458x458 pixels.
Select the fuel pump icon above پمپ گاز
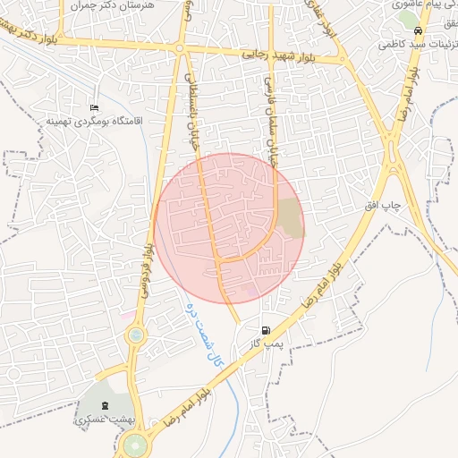[266, 330]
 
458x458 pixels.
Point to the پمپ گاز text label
[265, 343]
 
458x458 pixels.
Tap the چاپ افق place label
[382, 206]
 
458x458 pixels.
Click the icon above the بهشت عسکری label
[105, 405]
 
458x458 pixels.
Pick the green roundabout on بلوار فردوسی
[135, 335]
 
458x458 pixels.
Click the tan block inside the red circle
[290, 218]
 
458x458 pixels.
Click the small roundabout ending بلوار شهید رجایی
[180, 48]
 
